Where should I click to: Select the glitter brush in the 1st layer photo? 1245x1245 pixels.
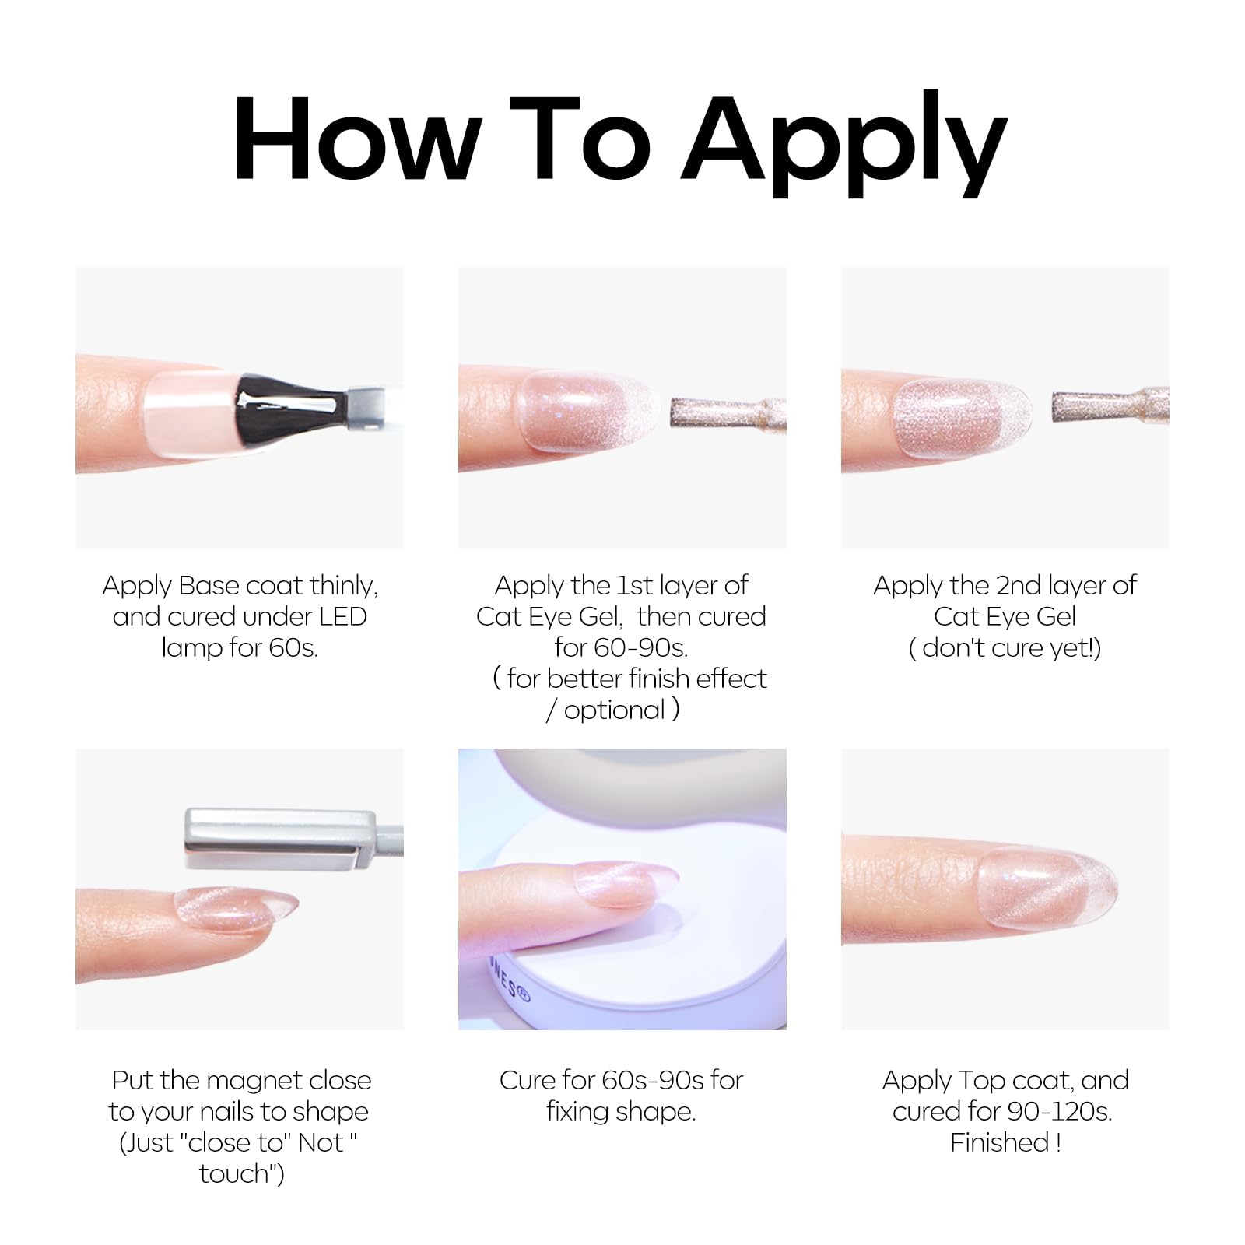pos(728,412)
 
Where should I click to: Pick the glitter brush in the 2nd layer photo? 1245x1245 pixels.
pos(1110,405)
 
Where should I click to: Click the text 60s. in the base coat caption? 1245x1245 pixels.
pos(293,648)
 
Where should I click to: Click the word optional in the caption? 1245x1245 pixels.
pos(615,710)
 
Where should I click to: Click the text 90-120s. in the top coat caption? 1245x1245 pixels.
pos(1061,1111)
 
